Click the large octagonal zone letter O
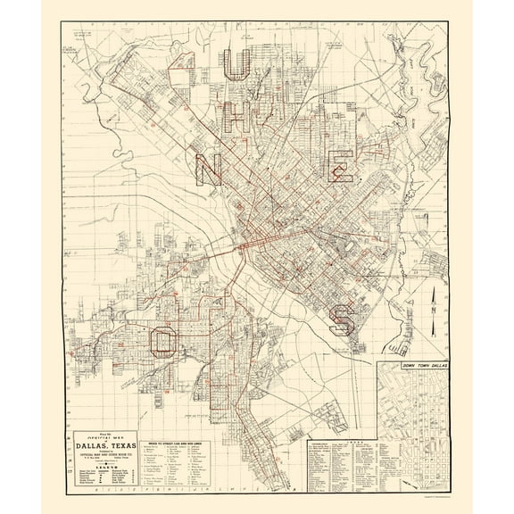[x=162, y=340]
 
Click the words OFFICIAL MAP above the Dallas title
[x=102, y=430]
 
